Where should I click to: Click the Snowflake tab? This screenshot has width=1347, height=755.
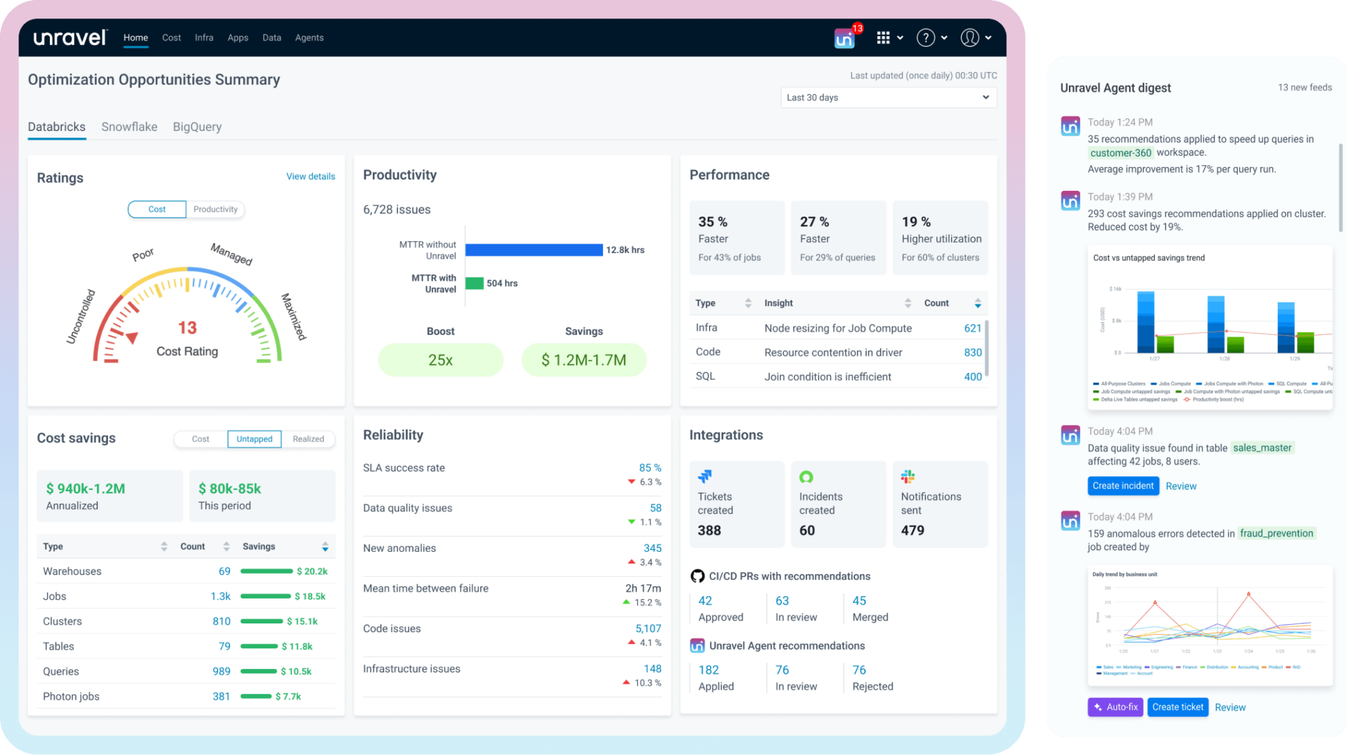click(129, 126)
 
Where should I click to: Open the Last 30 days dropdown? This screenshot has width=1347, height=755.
click(888, 97)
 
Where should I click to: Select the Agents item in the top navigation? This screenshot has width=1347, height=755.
click(309, 37)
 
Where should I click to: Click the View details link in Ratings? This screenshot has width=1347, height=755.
click(310, 176)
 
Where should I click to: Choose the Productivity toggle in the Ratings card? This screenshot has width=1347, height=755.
click(215, 209)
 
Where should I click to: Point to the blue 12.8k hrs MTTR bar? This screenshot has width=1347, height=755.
click(533, 250)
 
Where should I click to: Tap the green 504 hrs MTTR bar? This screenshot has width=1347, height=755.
click(474, 283)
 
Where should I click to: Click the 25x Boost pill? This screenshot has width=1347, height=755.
click(440, 360)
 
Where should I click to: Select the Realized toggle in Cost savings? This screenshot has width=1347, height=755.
click(308, 439)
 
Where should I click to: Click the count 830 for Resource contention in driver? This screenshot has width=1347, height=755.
click(972, 353)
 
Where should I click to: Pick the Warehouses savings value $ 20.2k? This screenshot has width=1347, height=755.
click(312, 571)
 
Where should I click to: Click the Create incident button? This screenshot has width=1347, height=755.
click(1123, 486)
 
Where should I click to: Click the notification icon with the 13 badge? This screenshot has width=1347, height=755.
click(845, 38)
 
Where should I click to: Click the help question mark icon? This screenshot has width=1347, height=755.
click(925, 37)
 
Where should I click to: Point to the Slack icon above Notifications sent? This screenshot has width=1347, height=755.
click(908, 476)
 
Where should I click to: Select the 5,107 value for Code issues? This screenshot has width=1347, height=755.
click(648, 629)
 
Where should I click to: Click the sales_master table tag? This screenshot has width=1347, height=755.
click(1261, 448)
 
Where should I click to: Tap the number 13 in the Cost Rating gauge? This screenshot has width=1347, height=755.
click(187, 328)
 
